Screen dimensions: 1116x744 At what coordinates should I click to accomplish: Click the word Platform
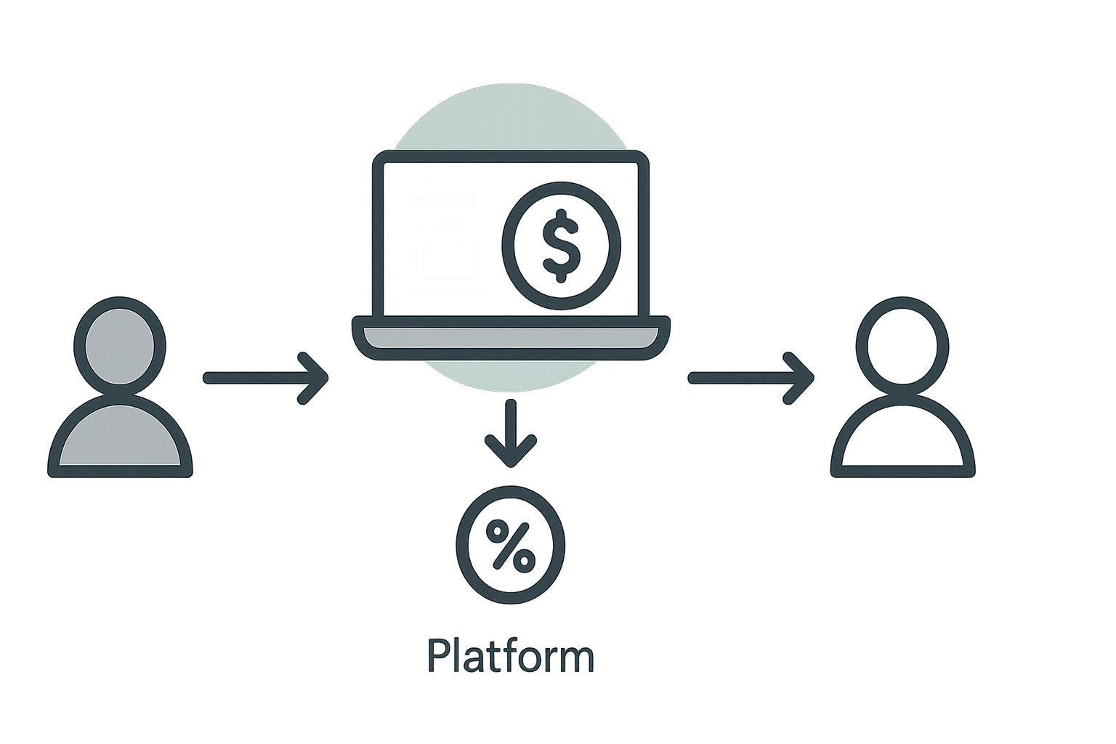tap(511, 656)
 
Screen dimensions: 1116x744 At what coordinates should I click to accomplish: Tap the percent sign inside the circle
tap(511, 545)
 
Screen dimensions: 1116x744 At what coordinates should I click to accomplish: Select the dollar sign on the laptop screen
tap(561, 246)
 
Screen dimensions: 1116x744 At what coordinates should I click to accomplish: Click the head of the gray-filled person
tap(120, 347)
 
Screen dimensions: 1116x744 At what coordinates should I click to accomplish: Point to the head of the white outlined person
tap(902, 347)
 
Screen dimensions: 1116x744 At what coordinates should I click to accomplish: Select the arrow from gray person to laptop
tap(265, 379)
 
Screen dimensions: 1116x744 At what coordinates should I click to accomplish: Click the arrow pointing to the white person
tap(751, 379)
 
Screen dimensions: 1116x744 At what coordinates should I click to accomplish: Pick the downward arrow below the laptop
tap(511, 433)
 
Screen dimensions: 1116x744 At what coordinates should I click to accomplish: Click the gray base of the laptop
tap(511, 337)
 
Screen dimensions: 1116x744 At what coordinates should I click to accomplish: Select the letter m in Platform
tap(577, 659)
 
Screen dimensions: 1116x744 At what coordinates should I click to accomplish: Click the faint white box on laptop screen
tap(446, 262)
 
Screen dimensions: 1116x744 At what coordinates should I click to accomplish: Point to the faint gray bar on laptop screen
tap(446, 201)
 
